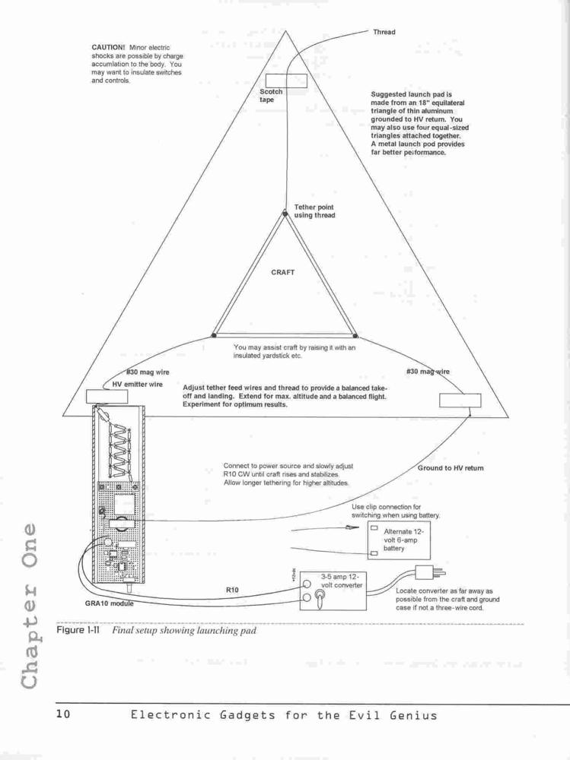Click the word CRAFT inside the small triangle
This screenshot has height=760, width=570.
coord(282,272)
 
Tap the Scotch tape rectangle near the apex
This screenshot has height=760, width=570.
coord(286,81)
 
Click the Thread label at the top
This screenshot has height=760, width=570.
coord(384,32)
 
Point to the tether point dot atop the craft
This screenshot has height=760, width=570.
coord(285,212)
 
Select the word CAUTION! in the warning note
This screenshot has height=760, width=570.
coord(108,47)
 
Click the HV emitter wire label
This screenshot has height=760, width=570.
coord(138,385)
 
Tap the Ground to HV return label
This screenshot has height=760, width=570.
coord(451,468)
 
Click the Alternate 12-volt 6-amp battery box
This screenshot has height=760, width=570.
coord(399,540)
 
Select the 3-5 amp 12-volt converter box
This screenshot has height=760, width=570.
coord(333,591)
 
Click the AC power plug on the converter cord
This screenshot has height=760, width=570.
coord(430,572)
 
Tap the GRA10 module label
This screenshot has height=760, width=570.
coord(110,604)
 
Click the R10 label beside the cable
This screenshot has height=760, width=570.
coord(232,591)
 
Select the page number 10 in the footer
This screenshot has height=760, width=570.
coord(63,714)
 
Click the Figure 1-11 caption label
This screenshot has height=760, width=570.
coord(78,630)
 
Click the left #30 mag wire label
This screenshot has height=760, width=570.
coord(148,372)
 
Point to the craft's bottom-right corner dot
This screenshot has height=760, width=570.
coord(355,335)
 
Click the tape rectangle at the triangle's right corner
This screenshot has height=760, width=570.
coord(460,401)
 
